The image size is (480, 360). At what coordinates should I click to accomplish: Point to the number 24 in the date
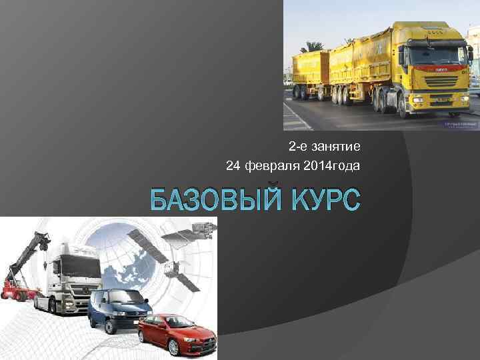(x=233, y=165)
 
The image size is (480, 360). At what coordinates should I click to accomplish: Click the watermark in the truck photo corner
(x=461, y=125)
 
